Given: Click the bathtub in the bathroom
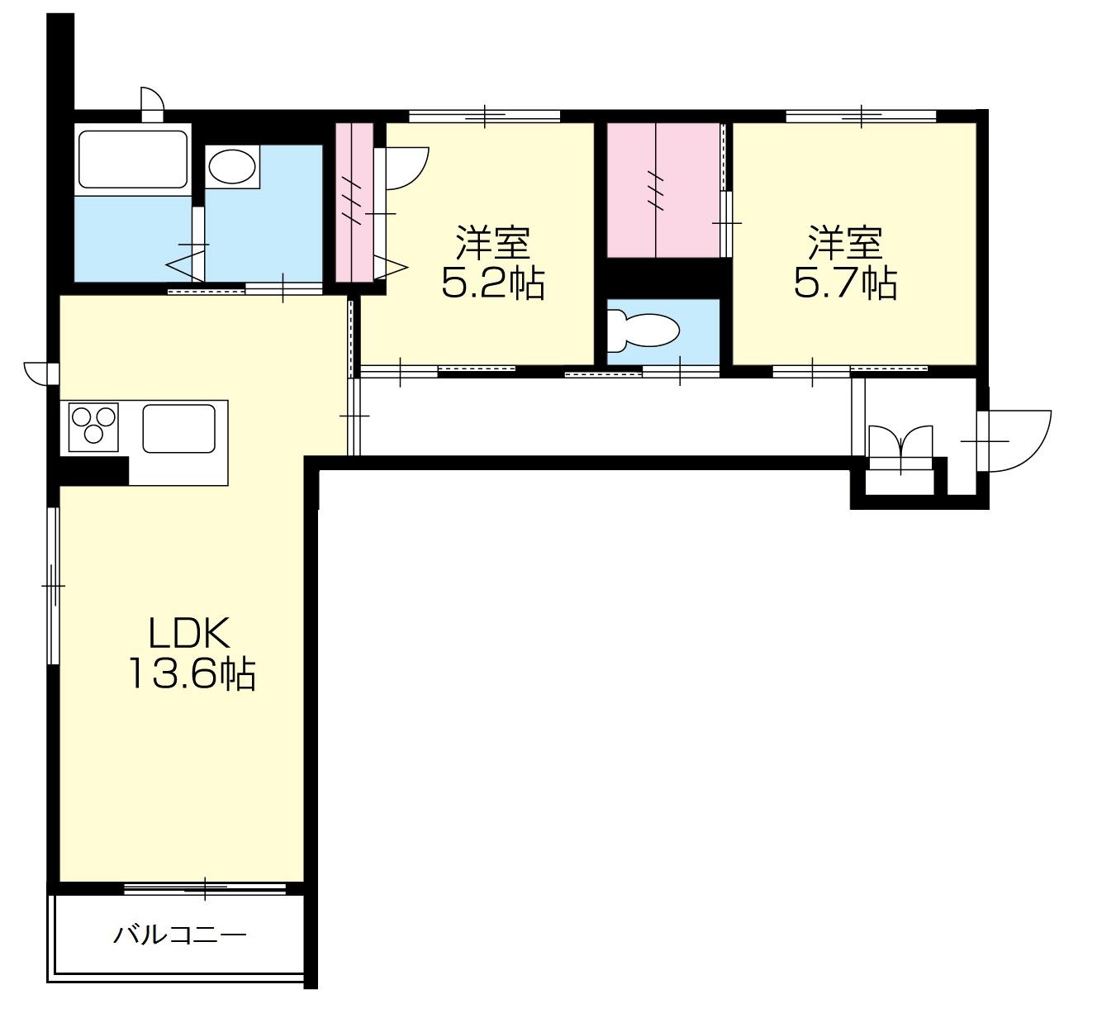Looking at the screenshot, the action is coord(132,159).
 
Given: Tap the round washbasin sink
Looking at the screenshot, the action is coord(232,166).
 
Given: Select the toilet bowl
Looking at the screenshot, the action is coord(643,331).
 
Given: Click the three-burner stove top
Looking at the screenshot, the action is coord(93,427).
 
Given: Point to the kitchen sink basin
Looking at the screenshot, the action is coord(179,428).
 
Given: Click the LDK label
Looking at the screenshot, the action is coord(189,633).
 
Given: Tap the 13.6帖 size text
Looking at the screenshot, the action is coord(192,673).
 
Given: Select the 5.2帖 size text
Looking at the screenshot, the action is coord(492,283).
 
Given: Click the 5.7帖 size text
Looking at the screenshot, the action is coord(846,283).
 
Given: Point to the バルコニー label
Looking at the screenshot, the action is coord(179,935).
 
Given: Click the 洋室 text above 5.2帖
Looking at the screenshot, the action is coord(492,243).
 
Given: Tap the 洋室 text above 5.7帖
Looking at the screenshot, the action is coord(846,243).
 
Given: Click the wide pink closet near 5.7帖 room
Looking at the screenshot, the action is coord(663,190).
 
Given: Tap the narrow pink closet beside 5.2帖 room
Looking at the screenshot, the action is coord(354,202).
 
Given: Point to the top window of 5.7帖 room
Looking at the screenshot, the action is coord(861,117).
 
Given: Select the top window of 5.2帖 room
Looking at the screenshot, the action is coord(484,117).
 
